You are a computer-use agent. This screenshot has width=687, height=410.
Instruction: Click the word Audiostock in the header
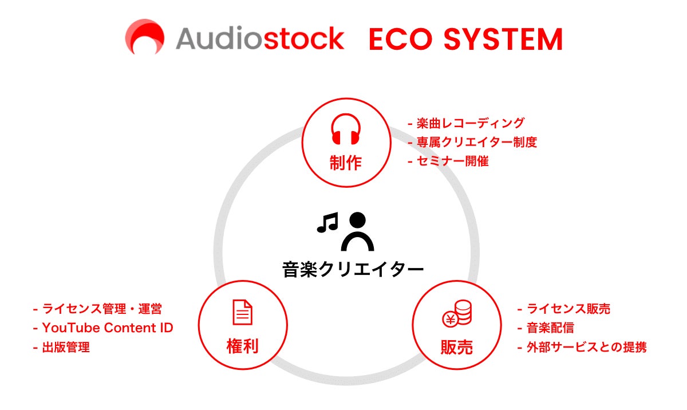point(260,38)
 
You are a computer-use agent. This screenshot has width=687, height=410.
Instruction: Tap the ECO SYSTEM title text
point(465,39)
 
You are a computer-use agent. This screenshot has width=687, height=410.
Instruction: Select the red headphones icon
point(346,129)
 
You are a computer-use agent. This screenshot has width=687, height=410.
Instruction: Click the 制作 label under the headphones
point(346,163)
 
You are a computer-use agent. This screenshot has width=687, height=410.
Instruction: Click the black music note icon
point(327,222)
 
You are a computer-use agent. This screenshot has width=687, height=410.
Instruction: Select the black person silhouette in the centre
point(357,231)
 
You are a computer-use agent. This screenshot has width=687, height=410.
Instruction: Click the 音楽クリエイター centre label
point(353,269)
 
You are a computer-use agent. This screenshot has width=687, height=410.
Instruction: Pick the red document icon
point(242,312)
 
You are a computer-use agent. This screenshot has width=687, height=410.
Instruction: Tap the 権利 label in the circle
point(242,346)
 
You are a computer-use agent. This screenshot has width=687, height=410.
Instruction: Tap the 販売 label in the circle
point(456,346)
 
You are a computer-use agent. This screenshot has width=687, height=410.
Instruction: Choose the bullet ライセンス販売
point(563,309)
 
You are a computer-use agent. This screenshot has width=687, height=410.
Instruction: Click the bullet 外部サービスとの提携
point(582,347)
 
